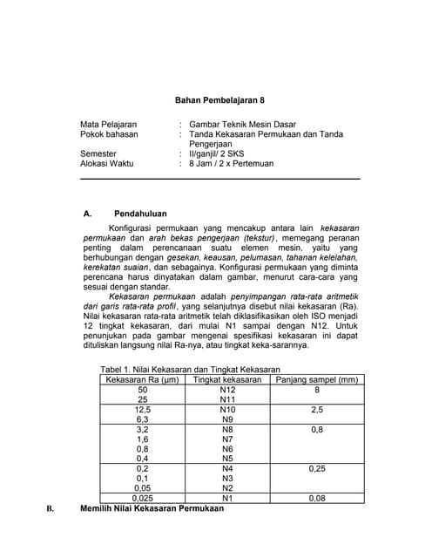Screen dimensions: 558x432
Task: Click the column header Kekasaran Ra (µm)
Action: click(142, 380)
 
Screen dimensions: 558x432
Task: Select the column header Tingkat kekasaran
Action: click(226, 380)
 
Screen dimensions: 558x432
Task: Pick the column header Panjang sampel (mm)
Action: click(315, 380)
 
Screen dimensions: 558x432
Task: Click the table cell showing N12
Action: click(226, 390)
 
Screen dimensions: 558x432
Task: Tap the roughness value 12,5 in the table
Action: click(142, 410)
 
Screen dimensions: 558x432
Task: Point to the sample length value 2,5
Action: click(316, 410)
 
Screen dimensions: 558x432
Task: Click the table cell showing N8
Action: click(226, 430)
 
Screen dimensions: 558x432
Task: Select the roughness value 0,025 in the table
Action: click(142, 498)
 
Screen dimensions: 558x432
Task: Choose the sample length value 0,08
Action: click(316, 498)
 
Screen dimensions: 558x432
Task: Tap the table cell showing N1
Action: click(226, 498)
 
